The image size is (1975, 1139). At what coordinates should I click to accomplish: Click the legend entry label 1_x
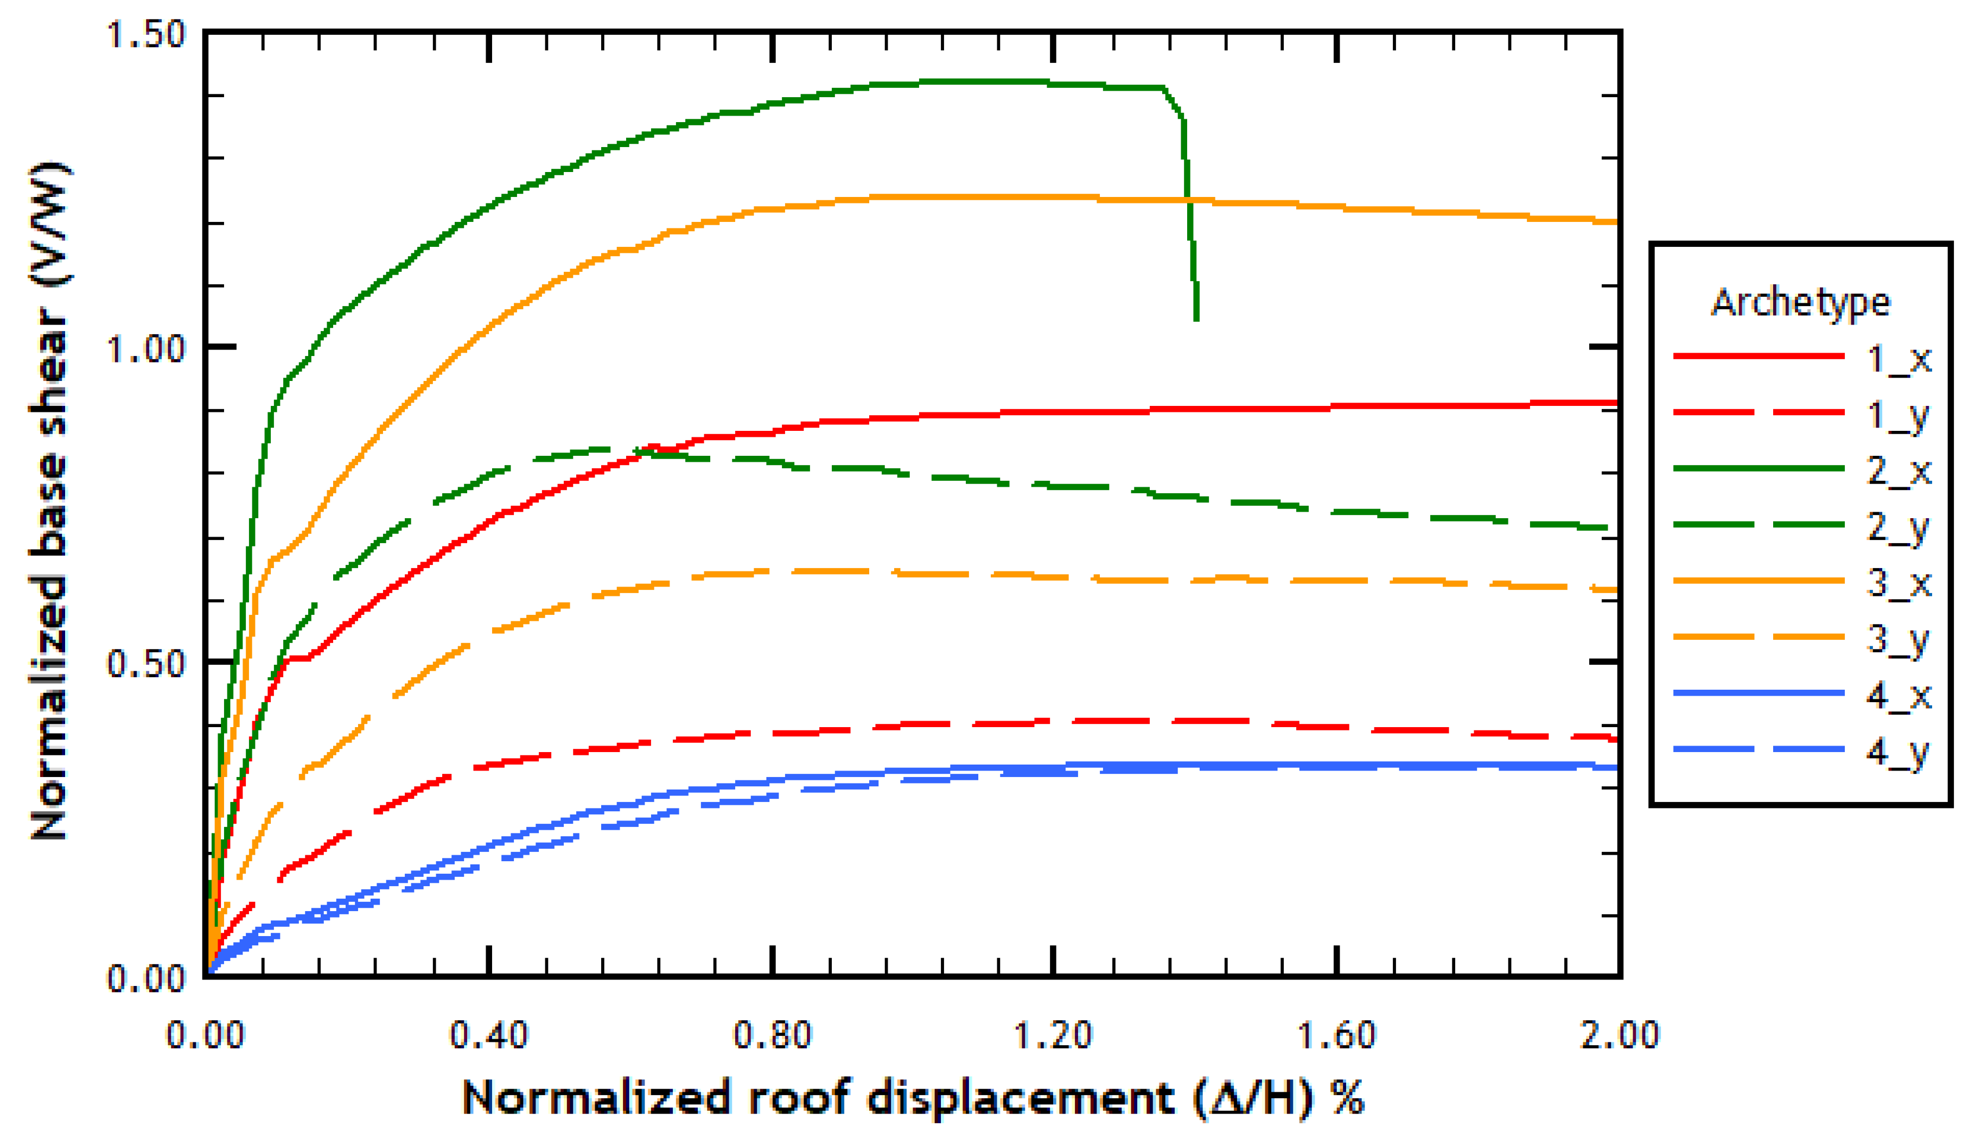tap(1898, 358)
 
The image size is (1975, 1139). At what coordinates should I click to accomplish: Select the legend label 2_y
tap(1898, 527)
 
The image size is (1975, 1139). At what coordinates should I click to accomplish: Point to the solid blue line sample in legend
tap(1759, 693)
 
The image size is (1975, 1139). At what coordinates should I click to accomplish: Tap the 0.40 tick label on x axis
tap(488, 1035)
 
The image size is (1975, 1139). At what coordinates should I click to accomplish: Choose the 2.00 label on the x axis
tap(1619, 1035)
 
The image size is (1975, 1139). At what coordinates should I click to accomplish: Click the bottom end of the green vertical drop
tap(1196, 319)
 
